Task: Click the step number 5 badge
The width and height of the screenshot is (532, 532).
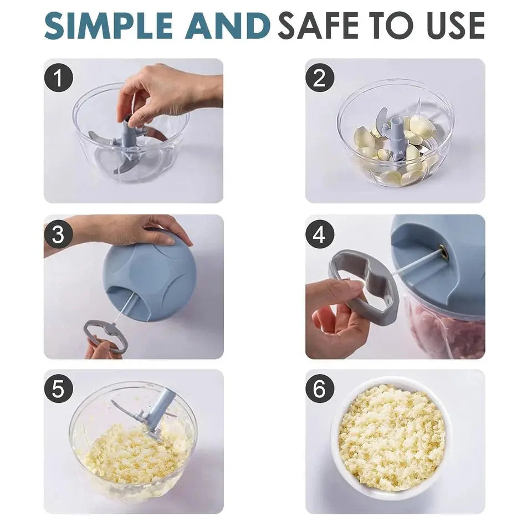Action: [59, 390]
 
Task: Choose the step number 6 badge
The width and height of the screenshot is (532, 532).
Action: [320, 390]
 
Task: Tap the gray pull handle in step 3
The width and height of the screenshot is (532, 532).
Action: [105, 335]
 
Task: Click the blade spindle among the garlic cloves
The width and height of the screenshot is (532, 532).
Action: [397, 136]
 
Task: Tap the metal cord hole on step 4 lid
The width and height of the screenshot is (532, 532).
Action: [442, 251]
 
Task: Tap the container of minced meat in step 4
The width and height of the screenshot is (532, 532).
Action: [443, 330]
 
